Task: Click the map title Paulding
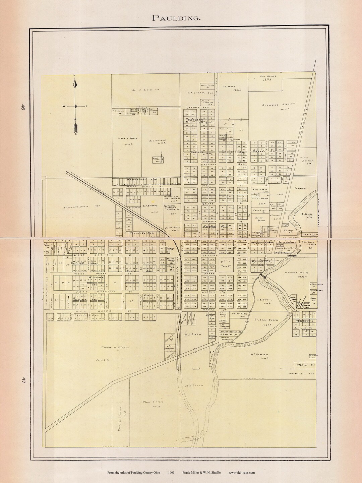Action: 177,18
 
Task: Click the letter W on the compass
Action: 63,106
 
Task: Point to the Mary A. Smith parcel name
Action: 126,138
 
